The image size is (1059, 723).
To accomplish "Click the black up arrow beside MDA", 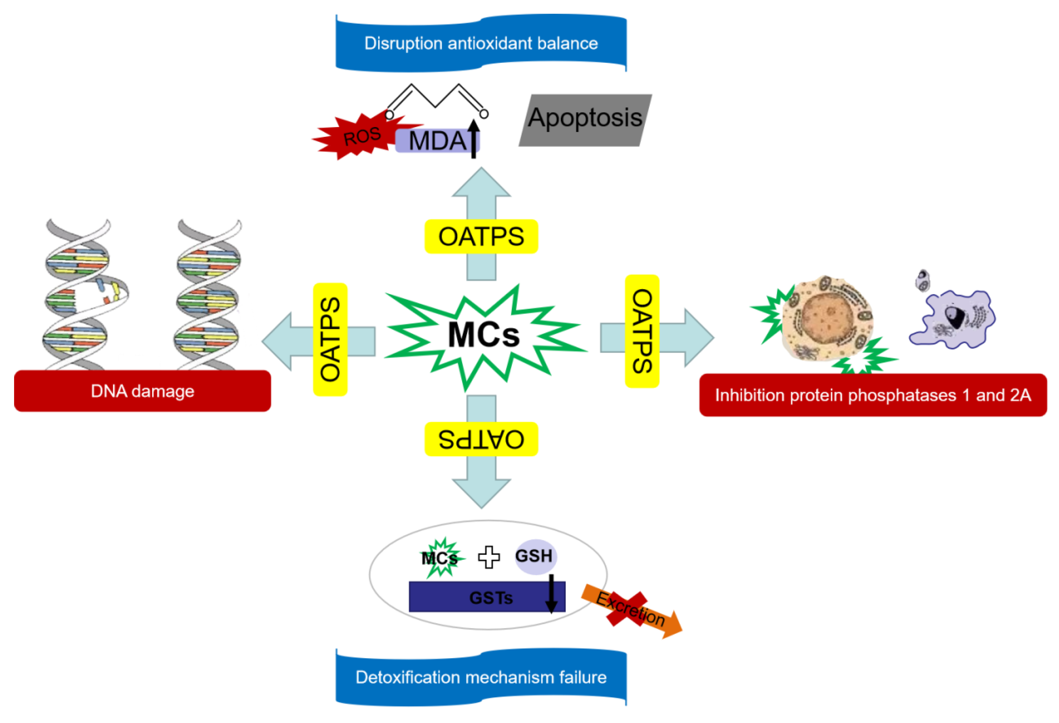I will (x=474, y=139).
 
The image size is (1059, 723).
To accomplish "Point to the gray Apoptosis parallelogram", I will (x=585, y=120).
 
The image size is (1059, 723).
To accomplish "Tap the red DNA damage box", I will (x=142, y=391).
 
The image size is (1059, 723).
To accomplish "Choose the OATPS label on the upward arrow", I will (x=481, y=237).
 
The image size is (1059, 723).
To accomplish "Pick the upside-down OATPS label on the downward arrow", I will (x=481, y=439).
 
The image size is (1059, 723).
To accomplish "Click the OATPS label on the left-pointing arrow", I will (x=330, y=339).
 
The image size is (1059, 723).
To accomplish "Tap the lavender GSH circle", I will (x=535, y=556).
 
